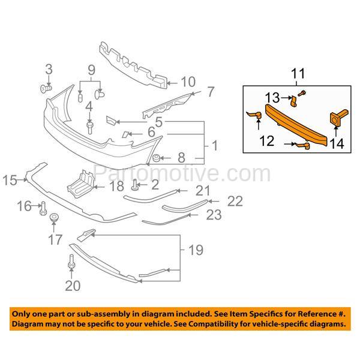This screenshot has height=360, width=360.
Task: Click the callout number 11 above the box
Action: tap(298, 75)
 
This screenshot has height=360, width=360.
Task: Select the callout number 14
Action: tap(336, 143)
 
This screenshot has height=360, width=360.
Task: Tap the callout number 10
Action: tap(188, 81)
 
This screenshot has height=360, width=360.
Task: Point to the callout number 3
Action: tap(50, 70)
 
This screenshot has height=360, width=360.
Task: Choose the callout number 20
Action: tap(72, 286)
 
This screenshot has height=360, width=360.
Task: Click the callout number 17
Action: tap(55, 241)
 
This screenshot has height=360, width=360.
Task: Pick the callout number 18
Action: tap(116, 187)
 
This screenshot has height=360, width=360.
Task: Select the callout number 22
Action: tap(234, 202)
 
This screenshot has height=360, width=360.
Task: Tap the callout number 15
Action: tap(11, 179)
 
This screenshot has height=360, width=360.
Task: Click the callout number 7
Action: tap(210, 92)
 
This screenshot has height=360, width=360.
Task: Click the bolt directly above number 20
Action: tap(72, 263)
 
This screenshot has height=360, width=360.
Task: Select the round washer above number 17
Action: tap(54, 217)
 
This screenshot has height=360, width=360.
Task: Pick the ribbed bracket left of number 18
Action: tap(80, 182)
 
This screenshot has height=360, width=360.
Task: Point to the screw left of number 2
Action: tap(136, 183)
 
